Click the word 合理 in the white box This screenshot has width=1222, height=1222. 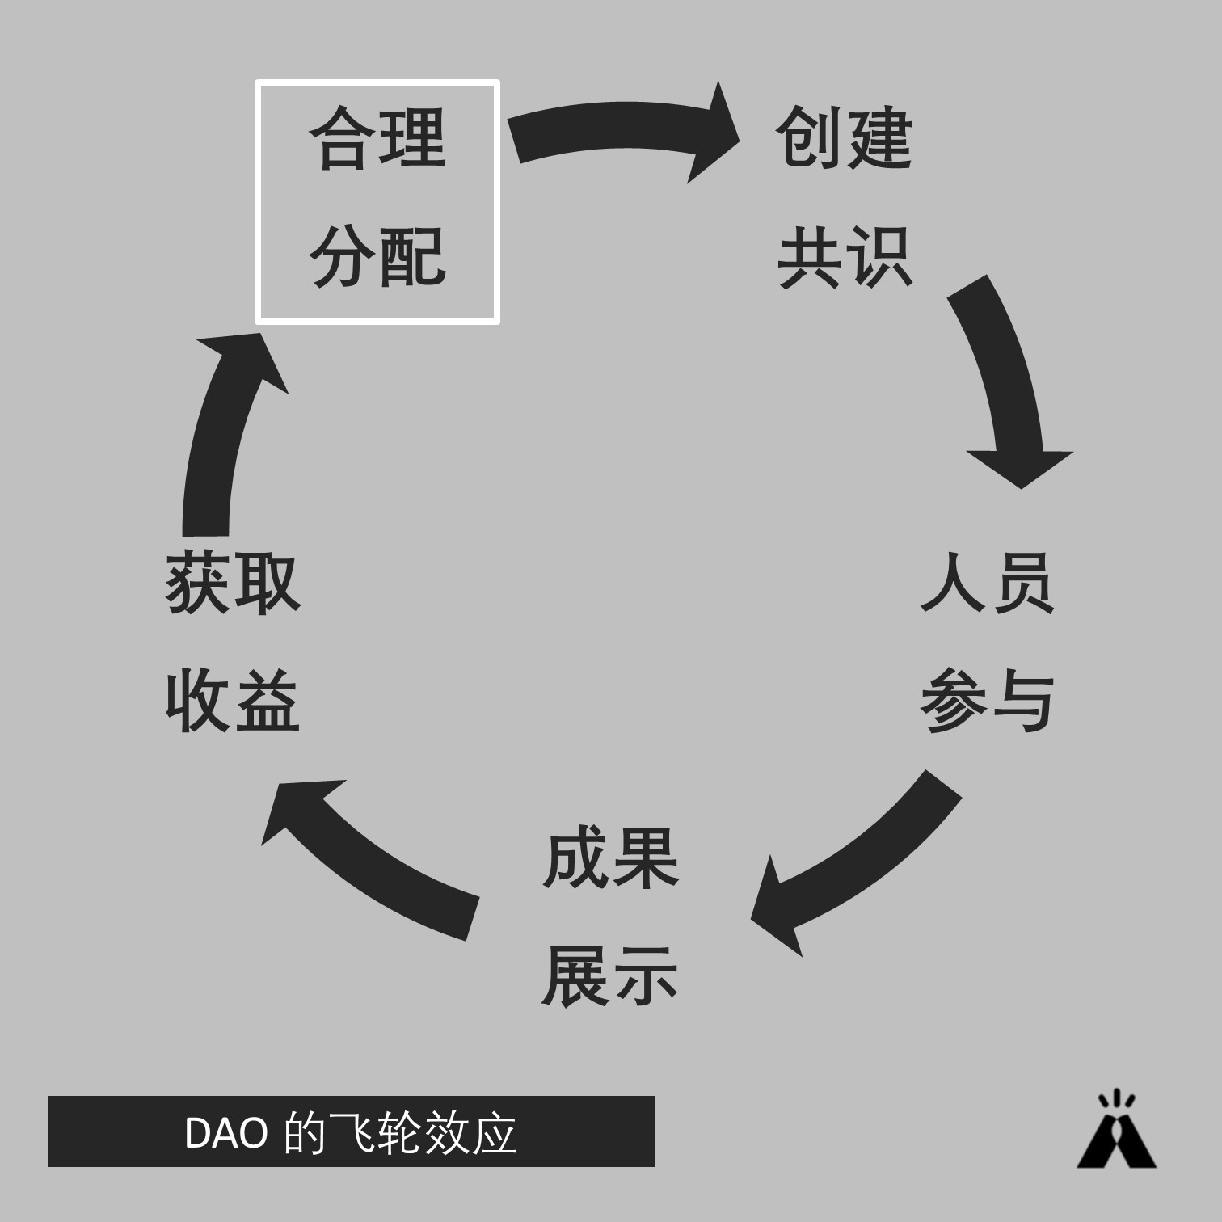[x=377, y=138]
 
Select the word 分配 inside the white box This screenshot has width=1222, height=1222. [x=377, y=257]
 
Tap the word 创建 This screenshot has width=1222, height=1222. [x=844, y=138]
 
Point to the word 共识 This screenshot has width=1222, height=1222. [x=844, y=257]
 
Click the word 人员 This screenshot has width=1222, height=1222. [x=987, y=583]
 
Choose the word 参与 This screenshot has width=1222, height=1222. [x=987, y=701]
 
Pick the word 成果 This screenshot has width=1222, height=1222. [x=611, y=858]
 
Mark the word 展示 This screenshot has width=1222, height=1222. [x=611, y=977]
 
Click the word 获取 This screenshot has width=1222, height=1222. [x=233, y=583]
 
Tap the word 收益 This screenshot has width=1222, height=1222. [x=233, y=701]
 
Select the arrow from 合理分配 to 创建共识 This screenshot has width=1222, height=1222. [x=622, y=129]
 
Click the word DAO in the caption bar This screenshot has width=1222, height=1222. [x=225, y=1132]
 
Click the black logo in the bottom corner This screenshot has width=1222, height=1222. [x=1116, y=1131]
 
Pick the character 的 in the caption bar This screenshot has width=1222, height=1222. [x=304, y=1132]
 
